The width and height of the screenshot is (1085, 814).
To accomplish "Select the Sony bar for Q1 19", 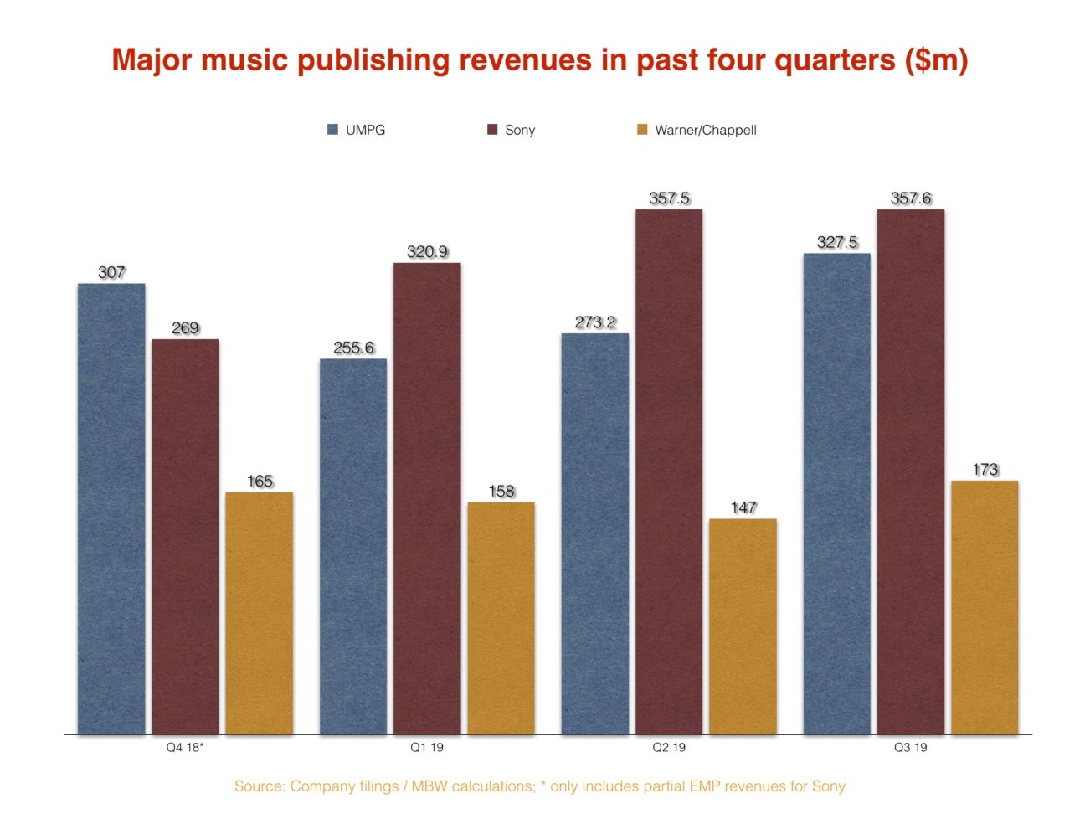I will (x=427, y=499).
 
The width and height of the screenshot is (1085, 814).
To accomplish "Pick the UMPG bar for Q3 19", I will (x=836, y=494).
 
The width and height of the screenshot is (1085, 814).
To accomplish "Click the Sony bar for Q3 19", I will (x=911, y=472).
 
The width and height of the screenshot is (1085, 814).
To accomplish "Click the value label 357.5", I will (x=669, y=198).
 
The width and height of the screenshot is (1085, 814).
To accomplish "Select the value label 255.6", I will (x=353, y=348).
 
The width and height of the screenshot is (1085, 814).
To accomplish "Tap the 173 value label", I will (x=985, y=470).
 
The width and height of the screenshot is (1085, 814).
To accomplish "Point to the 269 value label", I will (x=185, y=328).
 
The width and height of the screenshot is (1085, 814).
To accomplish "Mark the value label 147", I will (x=743, y=507).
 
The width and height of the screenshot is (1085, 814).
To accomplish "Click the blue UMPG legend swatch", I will (x=332, y=130).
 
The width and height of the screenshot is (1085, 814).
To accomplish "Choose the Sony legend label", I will (x=519, y=130).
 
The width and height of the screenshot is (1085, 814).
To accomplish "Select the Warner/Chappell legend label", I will (x=705, y=130).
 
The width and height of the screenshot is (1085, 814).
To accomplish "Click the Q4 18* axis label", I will (x=185, y=747).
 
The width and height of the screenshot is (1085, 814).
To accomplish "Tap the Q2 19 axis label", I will (x=669, y=747).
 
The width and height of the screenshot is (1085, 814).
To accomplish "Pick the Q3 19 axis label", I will (x=910, y=747).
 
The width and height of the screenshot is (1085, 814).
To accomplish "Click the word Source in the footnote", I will (x=259, y=786).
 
